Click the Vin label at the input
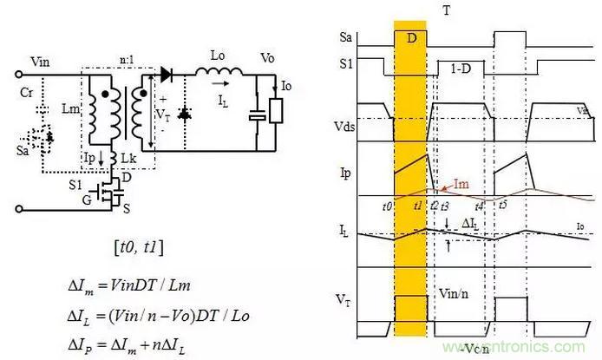tap(40, 62)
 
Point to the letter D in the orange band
tap(410, 39)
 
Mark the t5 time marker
tap(503, 205)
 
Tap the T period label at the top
tap(447, 10)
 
